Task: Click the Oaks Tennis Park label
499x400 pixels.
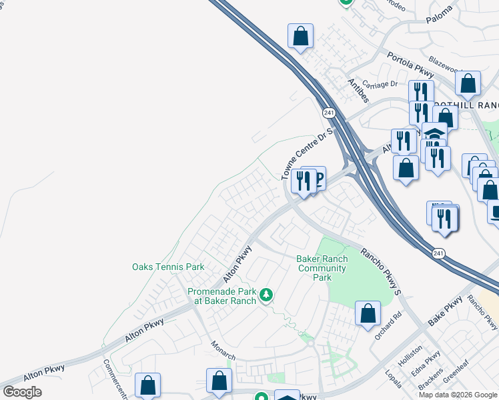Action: [x=167, y=267]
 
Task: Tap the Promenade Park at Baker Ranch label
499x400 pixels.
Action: [x=221, y=296]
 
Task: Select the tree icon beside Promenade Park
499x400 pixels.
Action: [x=266, y=294]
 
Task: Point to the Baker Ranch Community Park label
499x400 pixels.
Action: [x=322, y=268]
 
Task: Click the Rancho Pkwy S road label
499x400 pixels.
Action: [x=381, y=271]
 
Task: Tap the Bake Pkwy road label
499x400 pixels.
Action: [x=446, y=311]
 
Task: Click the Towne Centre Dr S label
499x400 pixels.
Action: [x=307, y=155]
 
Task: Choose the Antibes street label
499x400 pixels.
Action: [x=358, y=90]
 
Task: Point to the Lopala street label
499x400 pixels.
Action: [x=392, y=377]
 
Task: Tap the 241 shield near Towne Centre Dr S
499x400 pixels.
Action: [x=328, y=113]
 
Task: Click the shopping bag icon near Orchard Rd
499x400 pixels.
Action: [x=368, y=313]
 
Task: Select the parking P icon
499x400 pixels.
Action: [x=318, y=177]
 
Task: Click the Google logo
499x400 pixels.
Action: [x=23, y=391]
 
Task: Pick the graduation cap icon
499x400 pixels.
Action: [x=434, y=133]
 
